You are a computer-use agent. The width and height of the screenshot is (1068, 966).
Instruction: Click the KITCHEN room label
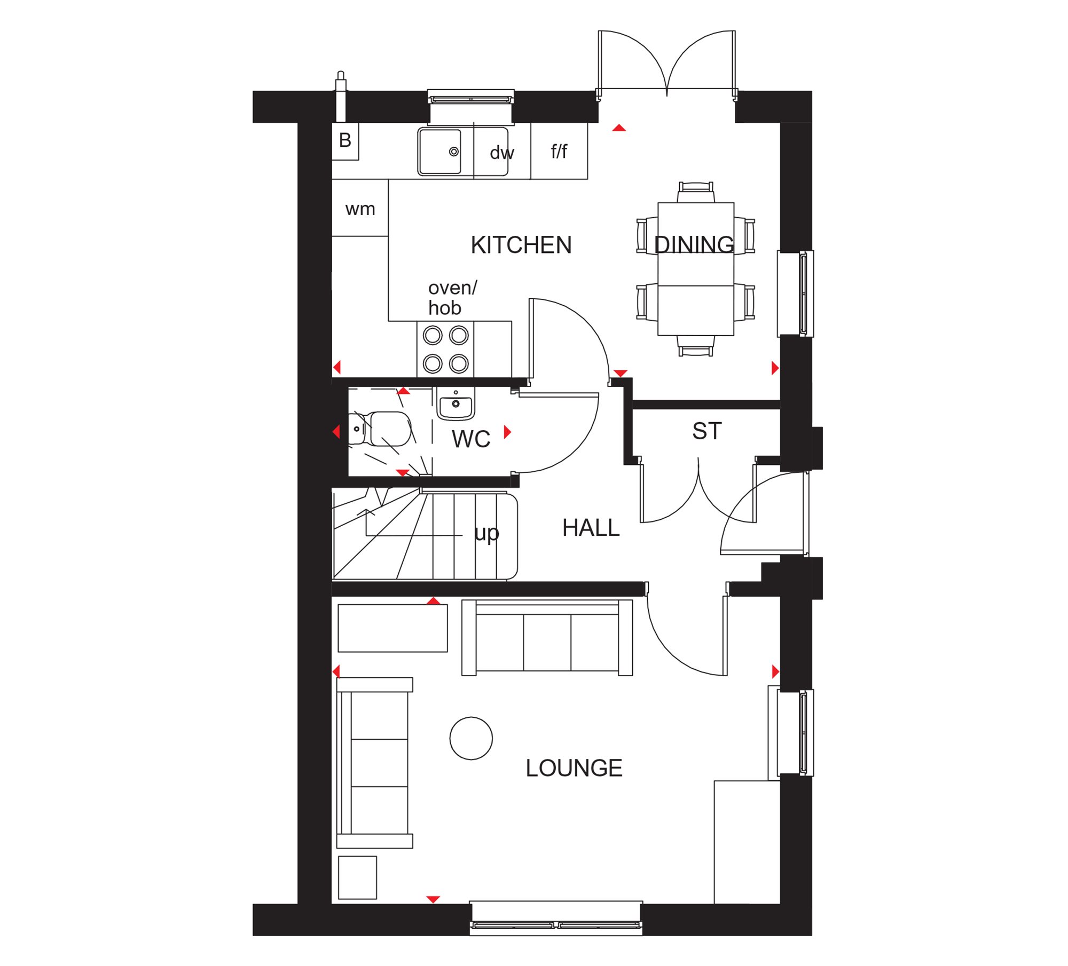coord(521,246)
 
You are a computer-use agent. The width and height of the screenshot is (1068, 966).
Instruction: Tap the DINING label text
coord(694,244)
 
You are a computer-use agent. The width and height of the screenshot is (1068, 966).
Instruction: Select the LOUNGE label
coord(574,769)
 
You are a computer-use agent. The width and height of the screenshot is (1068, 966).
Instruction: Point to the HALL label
coord(591,528)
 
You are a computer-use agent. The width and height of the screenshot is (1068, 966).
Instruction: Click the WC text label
coord(471,439)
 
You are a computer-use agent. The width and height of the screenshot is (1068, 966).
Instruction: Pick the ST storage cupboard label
coord(707,431)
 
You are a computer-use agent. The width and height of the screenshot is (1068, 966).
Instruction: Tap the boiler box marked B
coord(345,141)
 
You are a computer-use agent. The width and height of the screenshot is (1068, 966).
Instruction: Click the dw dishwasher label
coord(502,153)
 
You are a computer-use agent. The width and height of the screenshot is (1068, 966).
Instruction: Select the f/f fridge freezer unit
coord(559,151)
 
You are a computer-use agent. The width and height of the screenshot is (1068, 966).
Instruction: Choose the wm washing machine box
coord(360,208)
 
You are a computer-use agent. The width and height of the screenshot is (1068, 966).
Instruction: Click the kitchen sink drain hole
coord(454,152)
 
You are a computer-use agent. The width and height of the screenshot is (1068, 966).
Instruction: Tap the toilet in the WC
coord(380,429)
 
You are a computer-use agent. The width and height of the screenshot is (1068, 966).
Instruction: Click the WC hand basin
coord(456,403)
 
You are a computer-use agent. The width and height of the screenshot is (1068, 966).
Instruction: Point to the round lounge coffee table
coord(471,738)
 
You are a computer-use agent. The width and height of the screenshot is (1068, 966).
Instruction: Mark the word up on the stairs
coord(486,533)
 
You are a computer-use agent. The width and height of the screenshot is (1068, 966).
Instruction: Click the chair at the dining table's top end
coord(695,192)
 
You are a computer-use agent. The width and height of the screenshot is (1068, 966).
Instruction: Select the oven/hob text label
coord(452,298)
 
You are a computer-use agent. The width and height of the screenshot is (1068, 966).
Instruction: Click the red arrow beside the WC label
coord(507,432)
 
